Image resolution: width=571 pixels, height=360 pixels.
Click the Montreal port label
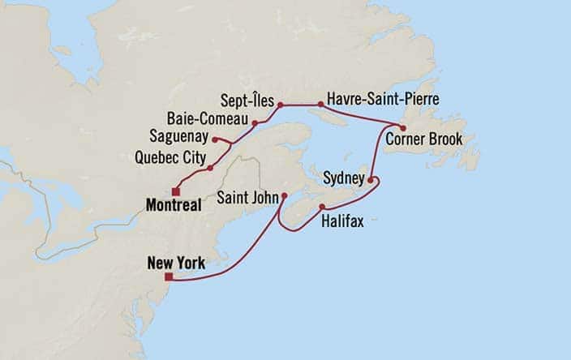point(174,206)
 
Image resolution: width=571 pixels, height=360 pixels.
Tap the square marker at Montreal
point(175,191)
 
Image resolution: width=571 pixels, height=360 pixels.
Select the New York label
point(176,263)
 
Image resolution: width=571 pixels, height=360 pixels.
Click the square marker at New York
point(168,276)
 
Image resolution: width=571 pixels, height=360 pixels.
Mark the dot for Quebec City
point(210,168)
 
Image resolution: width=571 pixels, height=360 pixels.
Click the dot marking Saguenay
point(214,139)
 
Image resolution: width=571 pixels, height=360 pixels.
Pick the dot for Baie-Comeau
point(255,123)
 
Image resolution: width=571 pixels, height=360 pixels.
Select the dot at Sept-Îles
point(280,105)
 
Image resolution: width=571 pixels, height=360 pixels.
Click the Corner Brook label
point(423,139)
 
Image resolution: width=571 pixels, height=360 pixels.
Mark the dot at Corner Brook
point(403,127)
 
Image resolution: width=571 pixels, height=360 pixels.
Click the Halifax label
point(341,220)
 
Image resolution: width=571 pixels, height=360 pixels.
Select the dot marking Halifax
point(322,207)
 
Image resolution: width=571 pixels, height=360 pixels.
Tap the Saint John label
point(247,197)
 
